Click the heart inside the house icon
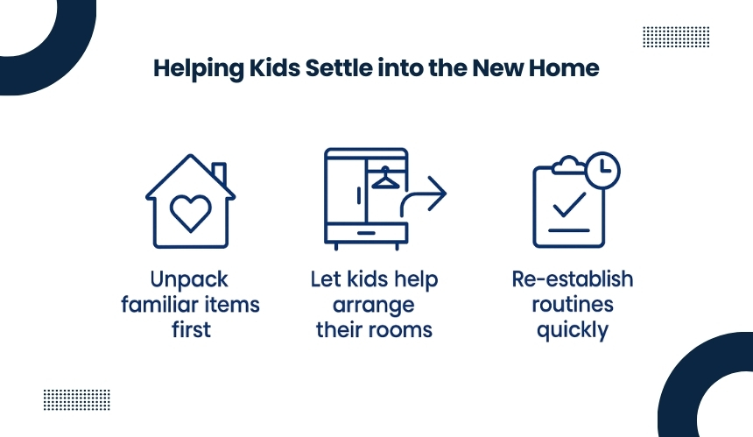click(191, 213)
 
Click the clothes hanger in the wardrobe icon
click(385, 177)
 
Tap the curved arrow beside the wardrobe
click(424, 196)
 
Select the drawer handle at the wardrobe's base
click(366, 233)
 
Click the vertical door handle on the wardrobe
click(359, 196)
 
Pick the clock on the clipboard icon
click(602, 170)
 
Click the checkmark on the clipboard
click(569, 205)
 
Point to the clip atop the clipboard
click(568, 166)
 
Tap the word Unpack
click(189, 280)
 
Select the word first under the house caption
click(191, 330)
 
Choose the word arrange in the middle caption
click(374, 306)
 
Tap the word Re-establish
click(573, 279)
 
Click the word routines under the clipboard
click(573, 305)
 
